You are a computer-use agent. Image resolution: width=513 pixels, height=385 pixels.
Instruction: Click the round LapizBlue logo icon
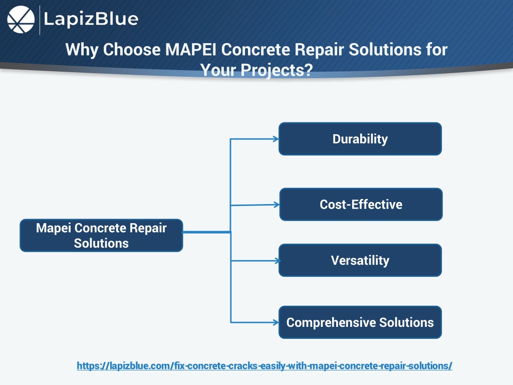point(21,20)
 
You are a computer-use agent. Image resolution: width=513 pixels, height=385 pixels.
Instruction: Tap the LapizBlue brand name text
point(91,19)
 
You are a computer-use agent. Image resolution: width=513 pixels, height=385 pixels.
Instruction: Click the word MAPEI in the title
point(191,50)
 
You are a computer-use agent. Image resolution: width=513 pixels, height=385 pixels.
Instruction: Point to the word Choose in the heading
point(132,50)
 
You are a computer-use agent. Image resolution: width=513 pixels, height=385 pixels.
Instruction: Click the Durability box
point(360,139)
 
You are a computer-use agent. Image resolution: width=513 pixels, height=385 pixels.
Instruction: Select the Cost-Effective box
point(361,205)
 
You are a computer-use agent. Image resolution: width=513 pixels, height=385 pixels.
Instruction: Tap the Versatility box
point(360,260)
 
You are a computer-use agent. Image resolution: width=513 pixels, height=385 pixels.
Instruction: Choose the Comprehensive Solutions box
point(360,322)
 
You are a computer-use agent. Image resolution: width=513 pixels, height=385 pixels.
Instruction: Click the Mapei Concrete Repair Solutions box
point(101,236)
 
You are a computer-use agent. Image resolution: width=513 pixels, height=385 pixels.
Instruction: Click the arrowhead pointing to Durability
point(276,139)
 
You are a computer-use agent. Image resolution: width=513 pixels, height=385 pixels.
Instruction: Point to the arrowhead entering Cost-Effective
point(277,205)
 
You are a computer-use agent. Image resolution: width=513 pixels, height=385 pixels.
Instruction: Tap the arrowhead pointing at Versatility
point(278,261)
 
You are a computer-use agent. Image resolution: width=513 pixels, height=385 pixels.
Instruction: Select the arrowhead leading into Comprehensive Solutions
point(276,322)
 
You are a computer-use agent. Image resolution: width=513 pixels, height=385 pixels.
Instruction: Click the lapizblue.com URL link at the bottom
point(265,365)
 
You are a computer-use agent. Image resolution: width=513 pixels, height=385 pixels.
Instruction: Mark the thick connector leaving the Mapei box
point(207,232)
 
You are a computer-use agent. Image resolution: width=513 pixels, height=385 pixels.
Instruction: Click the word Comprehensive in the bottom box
point(331,323)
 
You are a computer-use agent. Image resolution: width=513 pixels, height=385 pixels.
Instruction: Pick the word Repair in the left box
point(148,228)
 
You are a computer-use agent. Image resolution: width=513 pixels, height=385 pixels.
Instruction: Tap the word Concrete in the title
point(256,50)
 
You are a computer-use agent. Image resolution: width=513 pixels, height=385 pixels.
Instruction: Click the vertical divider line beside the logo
point(40,20)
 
